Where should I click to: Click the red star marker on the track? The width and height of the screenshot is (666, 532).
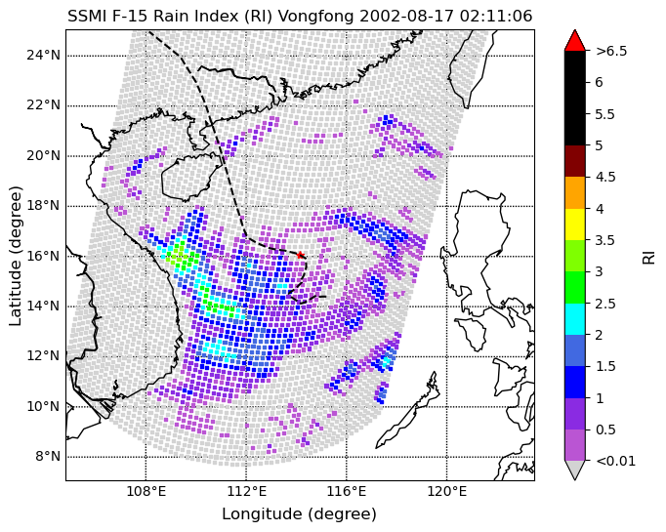coord(301,255)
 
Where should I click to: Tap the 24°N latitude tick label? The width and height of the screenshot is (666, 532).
coord(43,56)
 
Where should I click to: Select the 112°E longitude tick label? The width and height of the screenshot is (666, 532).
coord(246,491)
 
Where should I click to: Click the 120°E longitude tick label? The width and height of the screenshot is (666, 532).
coord(446,491)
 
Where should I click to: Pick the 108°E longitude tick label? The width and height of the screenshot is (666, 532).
coord(146,491)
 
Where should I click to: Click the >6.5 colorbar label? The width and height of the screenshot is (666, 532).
coord(611,51)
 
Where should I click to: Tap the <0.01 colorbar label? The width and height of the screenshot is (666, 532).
coord(615,461)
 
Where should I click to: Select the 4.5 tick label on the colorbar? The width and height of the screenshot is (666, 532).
coord(605,177)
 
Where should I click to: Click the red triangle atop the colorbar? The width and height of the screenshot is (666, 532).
coord(574,40)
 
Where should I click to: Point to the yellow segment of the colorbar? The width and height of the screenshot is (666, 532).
coord(574,225)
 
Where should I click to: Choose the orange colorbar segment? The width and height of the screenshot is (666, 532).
coord(574,192)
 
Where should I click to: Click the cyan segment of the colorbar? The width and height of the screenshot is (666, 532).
coord(574,319)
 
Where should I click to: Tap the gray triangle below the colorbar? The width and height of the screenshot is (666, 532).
coord(574,470)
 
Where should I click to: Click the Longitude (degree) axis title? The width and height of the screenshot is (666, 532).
coord(300,513)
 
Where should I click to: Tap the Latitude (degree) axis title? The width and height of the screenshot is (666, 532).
coord(15,256)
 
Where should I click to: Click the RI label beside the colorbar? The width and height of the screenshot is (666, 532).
coord(648,258)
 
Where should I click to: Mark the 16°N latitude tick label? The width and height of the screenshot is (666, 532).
coord(43,256)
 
